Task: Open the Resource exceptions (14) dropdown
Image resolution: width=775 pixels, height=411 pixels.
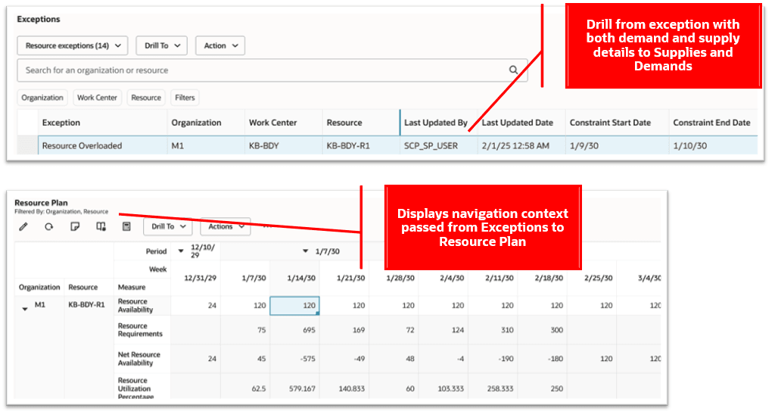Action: pos(72,45)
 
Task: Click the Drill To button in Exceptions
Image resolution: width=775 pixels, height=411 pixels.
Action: pos(161,45)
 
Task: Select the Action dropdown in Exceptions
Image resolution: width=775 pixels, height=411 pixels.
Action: pos(219,45)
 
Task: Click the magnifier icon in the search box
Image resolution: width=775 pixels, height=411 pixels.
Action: pos(513,70)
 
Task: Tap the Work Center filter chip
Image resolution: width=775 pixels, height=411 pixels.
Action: pos(97,98)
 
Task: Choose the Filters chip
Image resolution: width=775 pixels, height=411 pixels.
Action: pos(185,98)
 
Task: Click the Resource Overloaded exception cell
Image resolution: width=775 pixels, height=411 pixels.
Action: pos(82,145)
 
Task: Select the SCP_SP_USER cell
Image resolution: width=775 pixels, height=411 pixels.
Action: pos(431,145)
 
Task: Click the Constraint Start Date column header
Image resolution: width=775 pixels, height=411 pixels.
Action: pos(610,123)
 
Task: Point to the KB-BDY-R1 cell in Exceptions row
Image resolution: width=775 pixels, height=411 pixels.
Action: pos(347,145)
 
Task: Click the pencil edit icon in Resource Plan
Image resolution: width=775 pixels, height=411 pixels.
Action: pos(23,226)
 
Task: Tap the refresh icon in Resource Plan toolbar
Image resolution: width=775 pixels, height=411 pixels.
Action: pos(48,226)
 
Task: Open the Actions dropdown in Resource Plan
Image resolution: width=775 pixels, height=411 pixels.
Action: pos(225,226)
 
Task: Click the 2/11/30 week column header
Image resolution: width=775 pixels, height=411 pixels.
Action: pos(493,278)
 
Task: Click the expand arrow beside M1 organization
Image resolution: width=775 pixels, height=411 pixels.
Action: pos(24,308)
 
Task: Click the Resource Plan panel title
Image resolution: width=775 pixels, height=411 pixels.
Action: pos(41,203)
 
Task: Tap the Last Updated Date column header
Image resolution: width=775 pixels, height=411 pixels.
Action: pos(517,123)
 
